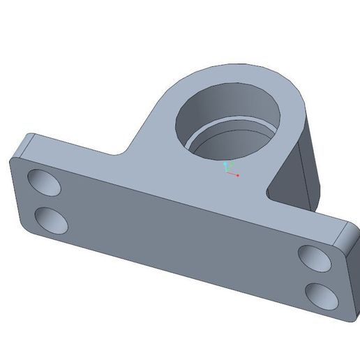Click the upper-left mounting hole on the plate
tap(44, 183)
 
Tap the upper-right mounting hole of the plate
tap(315, 258)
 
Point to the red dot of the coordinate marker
tap(238, 175)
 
